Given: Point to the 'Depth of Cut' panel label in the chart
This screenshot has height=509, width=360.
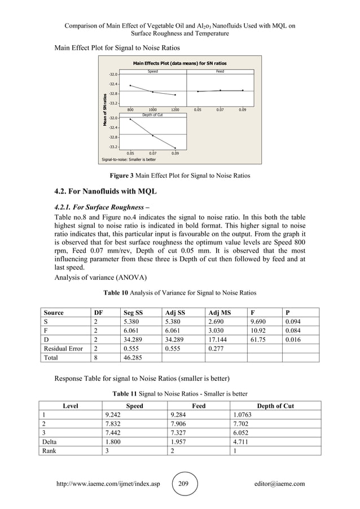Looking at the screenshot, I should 152,115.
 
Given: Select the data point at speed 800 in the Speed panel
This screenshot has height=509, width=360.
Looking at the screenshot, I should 130,85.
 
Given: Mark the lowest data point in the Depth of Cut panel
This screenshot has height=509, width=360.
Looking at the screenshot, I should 175,148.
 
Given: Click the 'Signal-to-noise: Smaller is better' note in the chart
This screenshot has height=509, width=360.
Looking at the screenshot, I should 128,160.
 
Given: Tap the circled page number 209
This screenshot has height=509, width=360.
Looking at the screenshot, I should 184,484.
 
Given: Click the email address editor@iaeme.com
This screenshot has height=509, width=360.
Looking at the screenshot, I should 279,484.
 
